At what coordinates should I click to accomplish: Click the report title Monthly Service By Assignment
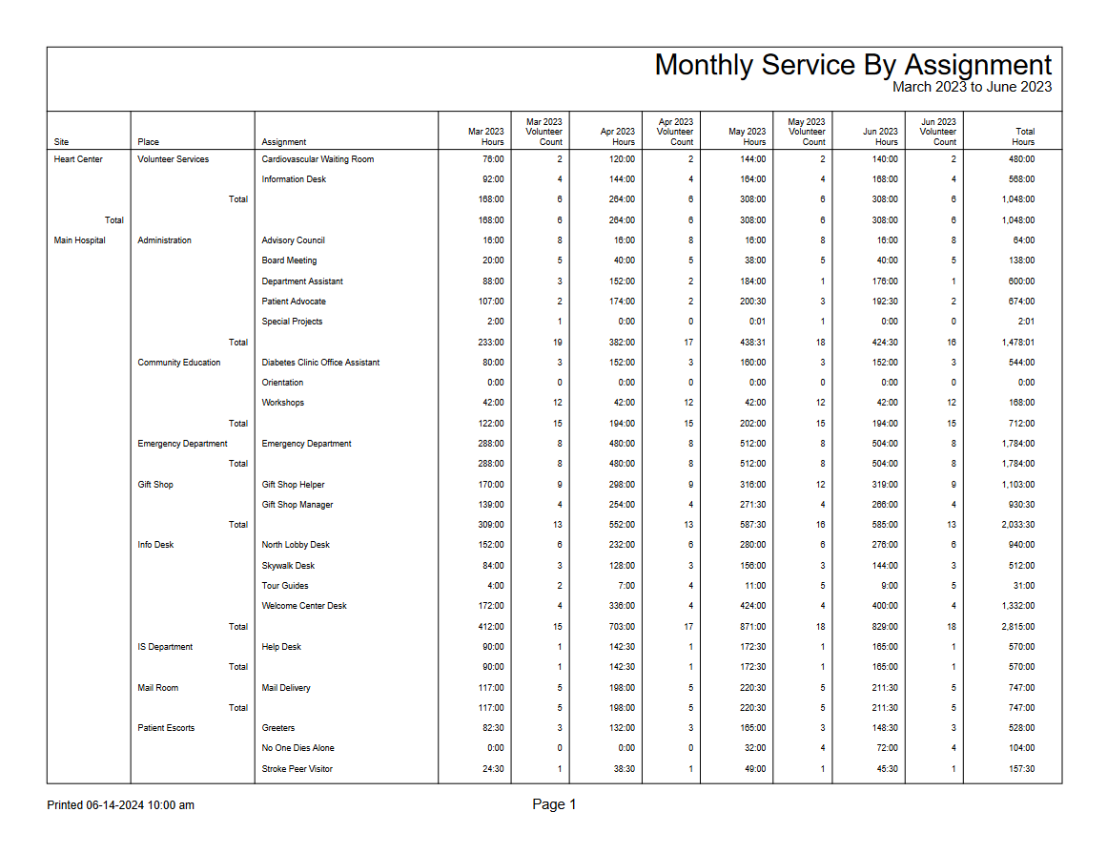(852, 65)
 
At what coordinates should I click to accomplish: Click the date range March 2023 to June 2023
(972, 87)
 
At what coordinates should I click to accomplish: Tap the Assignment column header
(283, 142)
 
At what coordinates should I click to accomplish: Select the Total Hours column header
(1023, 136)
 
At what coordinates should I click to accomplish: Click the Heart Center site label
(78, 159)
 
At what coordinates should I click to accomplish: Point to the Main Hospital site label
(80, 240)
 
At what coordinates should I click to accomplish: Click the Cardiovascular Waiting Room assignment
(318, 159)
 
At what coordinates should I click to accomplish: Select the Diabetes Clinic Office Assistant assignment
(320, 363)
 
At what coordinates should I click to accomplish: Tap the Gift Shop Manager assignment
(297, 505)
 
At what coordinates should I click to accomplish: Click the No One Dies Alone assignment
(297, 748)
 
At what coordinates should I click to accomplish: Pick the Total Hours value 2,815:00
(1018, 627)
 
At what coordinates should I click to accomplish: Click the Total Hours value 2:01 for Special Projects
(1025, 322)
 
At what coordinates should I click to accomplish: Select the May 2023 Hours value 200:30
(751, 302)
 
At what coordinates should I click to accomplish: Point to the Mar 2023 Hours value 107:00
(491, 302)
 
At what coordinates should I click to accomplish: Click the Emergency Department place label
(182, 444)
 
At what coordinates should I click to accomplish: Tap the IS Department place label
(165, 647)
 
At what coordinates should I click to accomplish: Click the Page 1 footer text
(554, 804)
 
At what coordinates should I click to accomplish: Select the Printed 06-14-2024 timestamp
(120, 805)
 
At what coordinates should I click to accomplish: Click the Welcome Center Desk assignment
(304, 606)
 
